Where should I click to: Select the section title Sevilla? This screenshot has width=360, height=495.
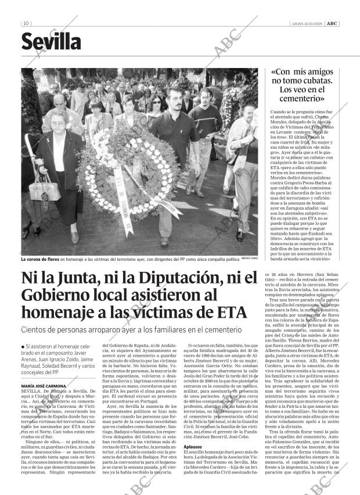51,42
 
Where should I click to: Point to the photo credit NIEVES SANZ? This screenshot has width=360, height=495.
249,260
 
